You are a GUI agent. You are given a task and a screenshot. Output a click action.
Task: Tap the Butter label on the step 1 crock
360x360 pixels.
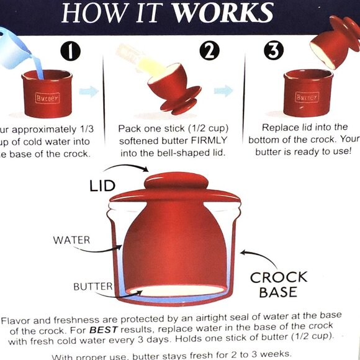click(x=48, y=97)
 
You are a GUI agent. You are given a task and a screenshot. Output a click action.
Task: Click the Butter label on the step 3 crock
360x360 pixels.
click(x=307, y=97)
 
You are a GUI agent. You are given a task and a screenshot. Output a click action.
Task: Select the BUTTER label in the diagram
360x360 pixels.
click(x=92, y=287)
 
